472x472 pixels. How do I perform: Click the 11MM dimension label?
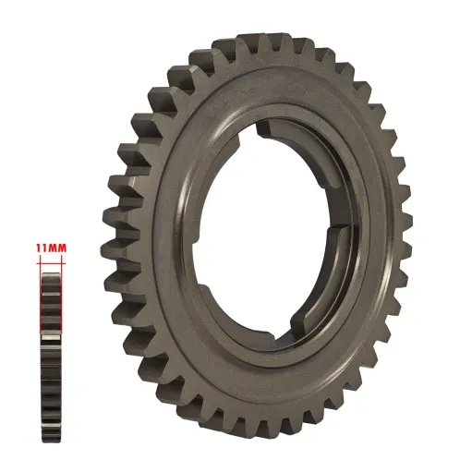(x=51, y=248)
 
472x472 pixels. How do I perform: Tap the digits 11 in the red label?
(x=42, y=248)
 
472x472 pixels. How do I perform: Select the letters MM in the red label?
(x=57, y=248)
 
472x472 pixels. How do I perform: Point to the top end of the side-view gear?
(x=51, y=267)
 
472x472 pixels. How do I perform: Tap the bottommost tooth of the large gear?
(x=268, y=434)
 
